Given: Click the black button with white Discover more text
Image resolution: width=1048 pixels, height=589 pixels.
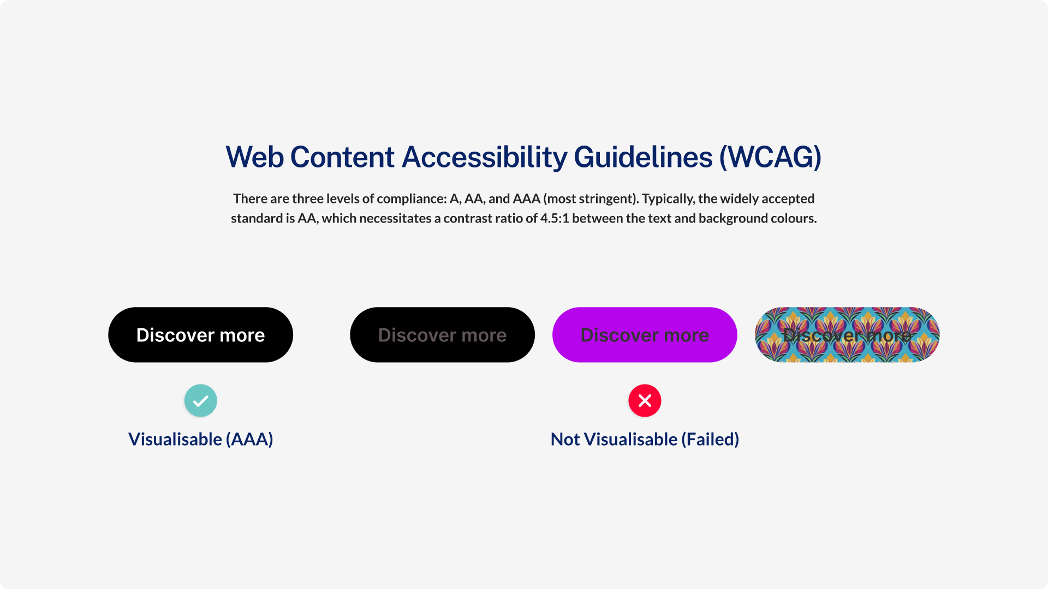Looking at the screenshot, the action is [x=200, y=335].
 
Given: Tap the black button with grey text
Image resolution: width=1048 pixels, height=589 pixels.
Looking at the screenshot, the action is [x=442, y=335].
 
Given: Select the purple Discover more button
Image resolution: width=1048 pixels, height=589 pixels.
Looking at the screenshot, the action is [x=645, y=335].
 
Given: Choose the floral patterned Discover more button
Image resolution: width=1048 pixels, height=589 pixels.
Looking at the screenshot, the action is [x=847, y=335].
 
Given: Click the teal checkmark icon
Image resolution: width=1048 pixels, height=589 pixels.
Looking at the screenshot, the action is [x=200, y=401].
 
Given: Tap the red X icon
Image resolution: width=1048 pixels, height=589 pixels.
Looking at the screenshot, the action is [x=645, y=401].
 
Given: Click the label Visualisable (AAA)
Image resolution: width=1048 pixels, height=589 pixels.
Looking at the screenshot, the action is [x=200, y=439].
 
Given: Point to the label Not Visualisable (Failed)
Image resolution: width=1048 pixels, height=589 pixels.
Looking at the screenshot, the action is [x=645, y=439].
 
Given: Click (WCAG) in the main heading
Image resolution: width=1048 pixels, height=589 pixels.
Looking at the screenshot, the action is [x=770, y=157].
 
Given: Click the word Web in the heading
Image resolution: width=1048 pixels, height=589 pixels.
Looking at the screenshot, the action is [x=255, y=157].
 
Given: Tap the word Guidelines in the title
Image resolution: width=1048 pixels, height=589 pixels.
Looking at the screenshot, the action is [x=643, y=157].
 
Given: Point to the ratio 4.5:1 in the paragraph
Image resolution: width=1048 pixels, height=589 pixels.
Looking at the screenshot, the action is [x=555, y=219].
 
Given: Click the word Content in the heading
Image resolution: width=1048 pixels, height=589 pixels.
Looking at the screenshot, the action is [x=342, y=157].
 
